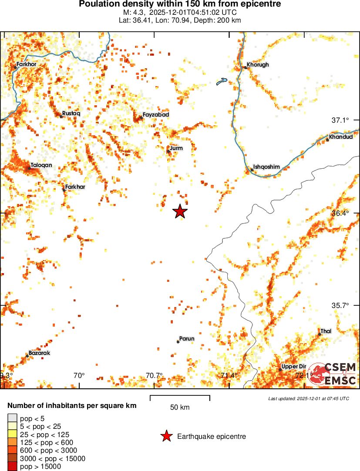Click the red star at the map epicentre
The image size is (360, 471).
[180, 211]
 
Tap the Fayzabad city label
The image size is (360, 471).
[156, 114]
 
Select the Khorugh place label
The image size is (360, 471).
[258, 65]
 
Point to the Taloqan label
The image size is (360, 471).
[41, 165]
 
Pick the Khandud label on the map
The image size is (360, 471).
[341, 137]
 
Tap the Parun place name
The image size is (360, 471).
[187, 338]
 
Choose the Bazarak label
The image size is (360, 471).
[39, 353]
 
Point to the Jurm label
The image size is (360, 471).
[176, 148]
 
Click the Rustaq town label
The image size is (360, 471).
[71, 113]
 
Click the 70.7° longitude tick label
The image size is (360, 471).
[154, 375]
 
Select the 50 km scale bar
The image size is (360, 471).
[180, 398]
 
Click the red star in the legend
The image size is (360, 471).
[166, 436]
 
